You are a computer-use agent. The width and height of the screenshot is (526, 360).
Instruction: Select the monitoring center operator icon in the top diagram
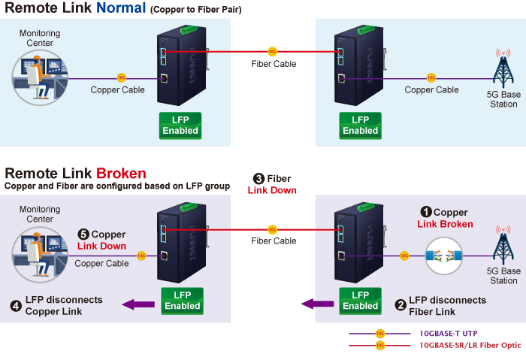pyautogui.click(x=37, y=77)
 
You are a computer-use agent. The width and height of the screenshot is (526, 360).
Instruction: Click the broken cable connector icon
pyautogui.click(x=443, y=256)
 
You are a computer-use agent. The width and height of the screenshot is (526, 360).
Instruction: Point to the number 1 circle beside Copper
pyautogui.click(x=425, y=213)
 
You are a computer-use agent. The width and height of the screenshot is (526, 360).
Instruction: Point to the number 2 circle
pyautogui.click(x=401, y=305)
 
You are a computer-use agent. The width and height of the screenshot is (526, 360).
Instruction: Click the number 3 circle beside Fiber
pyautogui.click(x=258, y=179)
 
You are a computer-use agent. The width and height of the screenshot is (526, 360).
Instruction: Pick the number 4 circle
pyautogui.click(x=16, y=305)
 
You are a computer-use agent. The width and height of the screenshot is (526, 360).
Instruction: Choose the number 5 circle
pyautogui.click(x=83, y=235)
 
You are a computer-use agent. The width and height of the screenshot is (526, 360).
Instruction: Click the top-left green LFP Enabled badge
pyautogui.click(x=180, y=126)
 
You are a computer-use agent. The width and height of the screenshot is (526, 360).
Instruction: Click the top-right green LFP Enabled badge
pyautogui.click(x=360, y=126)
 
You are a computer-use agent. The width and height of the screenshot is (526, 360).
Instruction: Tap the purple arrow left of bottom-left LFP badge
pyautogui.click(x=138, y=304)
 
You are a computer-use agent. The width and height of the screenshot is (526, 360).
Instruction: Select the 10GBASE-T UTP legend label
pyautogui.click(x=448, y=333)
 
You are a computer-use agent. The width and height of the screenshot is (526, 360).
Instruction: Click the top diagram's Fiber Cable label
pyautogui.click(x=274, y=64)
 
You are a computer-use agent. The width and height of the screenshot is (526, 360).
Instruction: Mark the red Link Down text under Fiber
pyautogui.click(x=272, y=190)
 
